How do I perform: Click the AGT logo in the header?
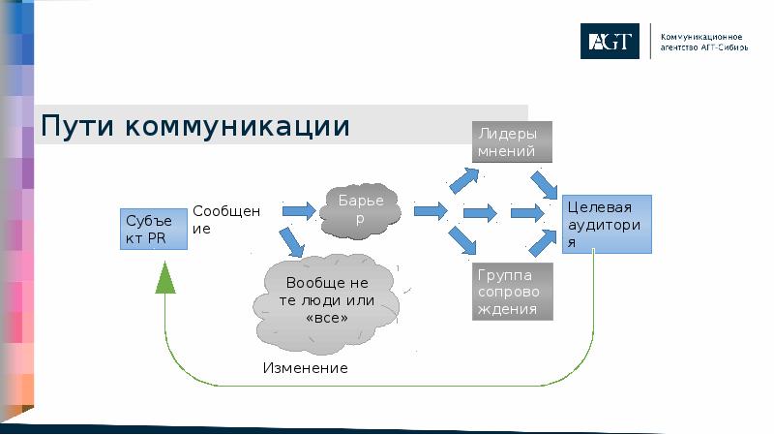point(610,42)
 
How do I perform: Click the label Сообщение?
point(225,221)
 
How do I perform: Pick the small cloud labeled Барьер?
point(360,209)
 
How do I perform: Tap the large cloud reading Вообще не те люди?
point(327,300)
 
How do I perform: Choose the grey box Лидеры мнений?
point(512,141)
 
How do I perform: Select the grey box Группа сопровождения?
point(512,292)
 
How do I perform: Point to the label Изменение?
point(305,369)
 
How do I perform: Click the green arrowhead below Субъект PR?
point(165,279)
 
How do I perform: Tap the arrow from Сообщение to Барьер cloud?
point(298,210)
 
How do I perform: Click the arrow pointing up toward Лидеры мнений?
point(463,179)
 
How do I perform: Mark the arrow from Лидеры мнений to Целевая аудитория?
point(544,183)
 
